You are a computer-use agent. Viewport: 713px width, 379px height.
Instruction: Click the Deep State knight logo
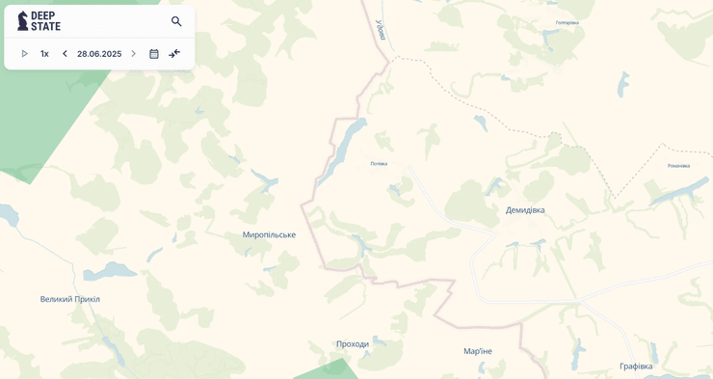[x=22, y=21]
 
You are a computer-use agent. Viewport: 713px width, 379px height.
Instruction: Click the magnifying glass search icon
[x=176, y=21]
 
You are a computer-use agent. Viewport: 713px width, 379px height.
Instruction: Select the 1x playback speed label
[x=44, y=54]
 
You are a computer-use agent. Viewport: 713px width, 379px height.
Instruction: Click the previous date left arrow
[x=65, y=54]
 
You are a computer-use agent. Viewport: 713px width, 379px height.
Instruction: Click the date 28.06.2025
[x=99, y=54]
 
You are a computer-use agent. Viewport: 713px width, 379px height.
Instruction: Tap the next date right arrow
[x=133, y=54]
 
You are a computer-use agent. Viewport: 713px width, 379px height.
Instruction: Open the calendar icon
[x=154, y=54]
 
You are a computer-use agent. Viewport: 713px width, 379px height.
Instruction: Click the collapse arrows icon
[x=174, y=54]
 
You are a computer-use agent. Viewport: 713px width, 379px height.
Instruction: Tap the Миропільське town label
[x=269, y=234]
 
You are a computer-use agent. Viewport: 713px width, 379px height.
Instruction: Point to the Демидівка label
[x=525, y=210]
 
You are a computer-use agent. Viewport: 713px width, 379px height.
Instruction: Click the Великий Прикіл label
[x=70, y=299]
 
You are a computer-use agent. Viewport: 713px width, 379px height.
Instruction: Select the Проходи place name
[x=353, y=343]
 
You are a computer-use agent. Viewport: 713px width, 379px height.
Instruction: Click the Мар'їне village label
[x=478, y=351]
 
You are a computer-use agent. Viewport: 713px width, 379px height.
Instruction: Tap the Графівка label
[x=636, y=365]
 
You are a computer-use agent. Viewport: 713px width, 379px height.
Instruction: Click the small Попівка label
[x=379, y=164]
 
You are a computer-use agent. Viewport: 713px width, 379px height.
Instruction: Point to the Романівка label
[x=678, y=166]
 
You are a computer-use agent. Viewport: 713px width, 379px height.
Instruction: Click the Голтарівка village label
[x=568, y=23]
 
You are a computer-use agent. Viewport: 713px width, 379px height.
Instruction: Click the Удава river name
[x=381, y=30]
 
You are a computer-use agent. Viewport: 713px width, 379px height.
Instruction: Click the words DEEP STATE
[x=45, y=21]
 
